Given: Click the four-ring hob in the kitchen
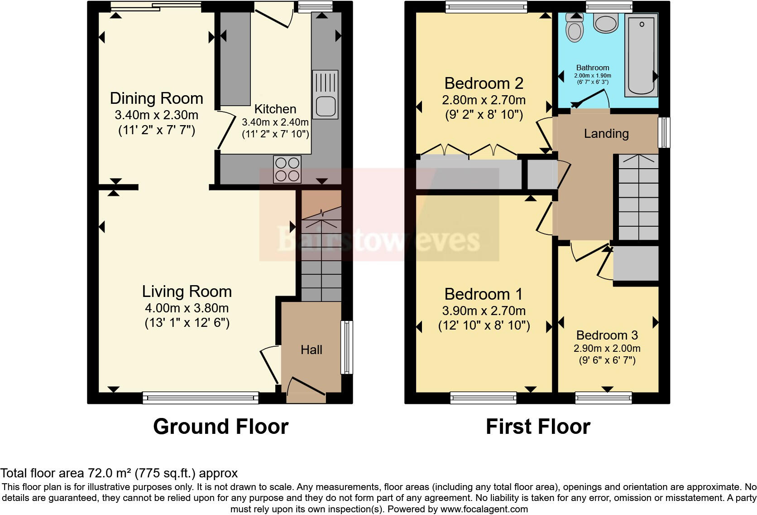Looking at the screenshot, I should click(287, 169).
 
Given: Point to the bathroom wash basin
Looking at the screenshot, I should click(606, 23).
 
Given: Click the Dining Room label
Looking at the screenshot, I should click(156, 98).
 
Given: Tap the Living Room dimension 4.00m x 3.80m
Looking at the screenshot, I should click(187, 308).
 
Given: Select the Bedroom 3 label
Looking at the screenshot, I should click(607, 335).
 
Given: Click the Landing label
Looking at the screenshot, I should click(606, 133).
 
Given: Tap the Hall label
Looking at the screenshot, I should click(311, 350).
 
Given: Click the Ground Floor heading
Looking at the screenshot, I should click(220, 427).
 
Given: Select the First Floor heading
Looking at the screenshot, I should click(538, 427).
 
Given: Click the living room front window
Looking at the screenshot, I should click(200, 398).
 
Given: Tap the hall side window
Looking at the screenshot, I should click(347, 347).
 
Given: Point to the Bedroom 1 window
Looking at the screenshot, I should click(483, 398).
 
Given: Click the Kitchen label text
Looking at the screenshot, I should click(275, 109).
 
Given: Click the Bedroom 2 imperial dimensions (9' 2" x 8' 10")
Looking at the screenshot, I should click(484, 114).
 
